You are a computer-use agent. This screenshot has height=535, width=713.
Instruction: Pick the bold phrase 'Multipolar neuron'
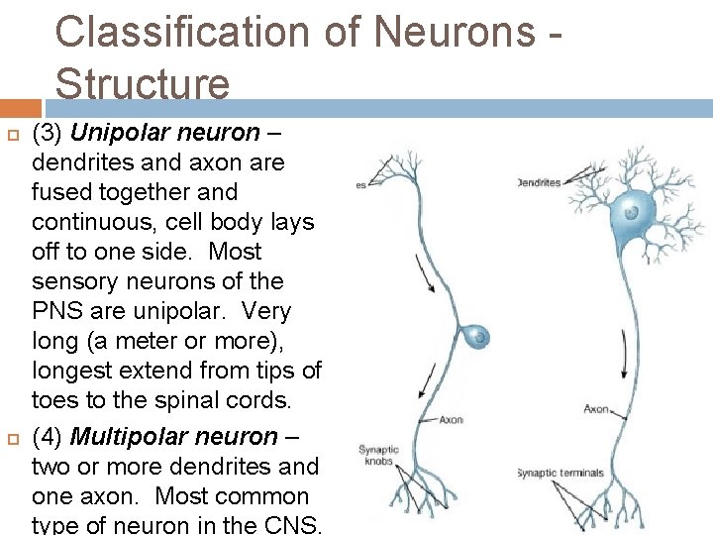coord(175,436)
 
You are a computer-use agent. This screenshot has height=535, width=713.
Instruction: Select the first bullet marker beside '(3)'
coord(14,133)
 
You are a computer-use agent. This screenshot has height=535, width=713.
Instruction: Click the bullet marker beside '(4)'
coord(14,437)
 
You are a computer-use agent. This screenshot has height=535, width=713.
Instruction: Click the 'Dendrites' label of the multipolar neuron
coord(540,182)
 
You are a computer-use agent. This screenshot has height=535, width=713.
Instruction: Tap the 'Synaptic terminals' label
coord(561,473)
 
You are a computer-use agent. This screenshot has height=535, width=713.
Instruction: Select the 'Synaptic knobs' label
coord(376,455)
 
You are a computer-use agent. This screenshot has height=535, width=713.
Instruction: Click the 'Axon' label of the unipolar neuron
coord(451,419)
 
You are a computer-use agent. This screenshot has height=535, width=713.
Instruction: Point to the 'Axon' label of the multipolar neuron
coord(597,408)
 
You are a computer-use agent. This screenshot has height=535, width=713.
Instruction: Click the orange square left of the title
coord(21,107)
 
